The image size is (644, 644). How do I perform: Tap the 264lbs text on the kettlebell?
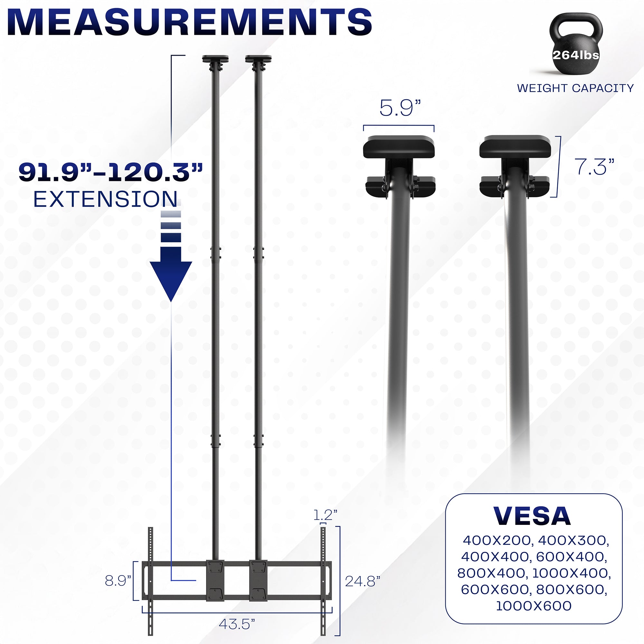(576, 55)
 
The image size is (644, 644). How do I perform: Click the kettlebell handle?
(576, 25)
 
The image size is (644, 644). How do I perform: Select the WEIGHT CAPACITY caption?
(575, 88)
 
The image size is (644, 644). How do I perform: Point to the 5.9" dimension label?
(400, 108)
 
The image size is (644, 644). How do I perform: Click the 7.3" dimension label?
(594, 167)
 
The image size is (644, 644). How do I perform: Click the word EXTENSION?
(106, 199)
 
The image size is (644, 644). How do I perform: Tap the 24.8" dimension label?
(363, 581)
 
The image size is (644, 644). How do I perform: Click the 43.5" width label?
(237, 624)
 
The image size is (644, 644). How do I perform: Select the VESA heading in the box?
(532, 517)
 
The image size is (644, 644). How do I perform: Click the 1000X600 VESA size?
(534, 606)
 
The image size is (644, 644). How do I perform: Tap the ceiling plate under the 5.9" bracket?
(399, 147)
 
